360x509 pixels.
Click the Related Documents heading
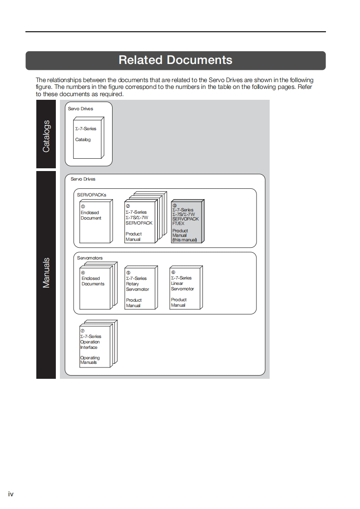coord(175,60)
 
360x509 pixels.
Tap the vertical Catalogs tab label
coord(46,136)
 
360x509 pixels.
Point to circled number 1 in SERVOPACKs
coord(83,207)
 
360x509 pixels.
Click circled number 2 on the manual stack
coord(128,206)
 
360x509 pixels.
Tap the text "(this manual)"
coord(184,240)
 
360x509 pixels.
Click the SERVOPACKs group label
coord(91,195)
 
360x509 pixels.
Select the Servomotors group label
coord(90,258)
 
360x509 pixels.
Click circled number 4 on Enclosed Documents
coord(83,273)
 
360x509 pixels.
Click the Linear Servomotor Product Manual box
coord(185,288)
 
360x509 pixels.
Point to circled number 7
coord(83,331)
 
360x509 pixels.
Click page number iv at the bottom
coord(11,494)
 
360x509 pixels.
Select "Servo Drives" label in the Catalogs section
coord(80,109)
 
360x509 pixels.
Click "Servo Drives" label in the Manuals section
coord(83,179)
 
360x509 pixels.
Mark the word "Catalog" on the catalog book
coord(83,140)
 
